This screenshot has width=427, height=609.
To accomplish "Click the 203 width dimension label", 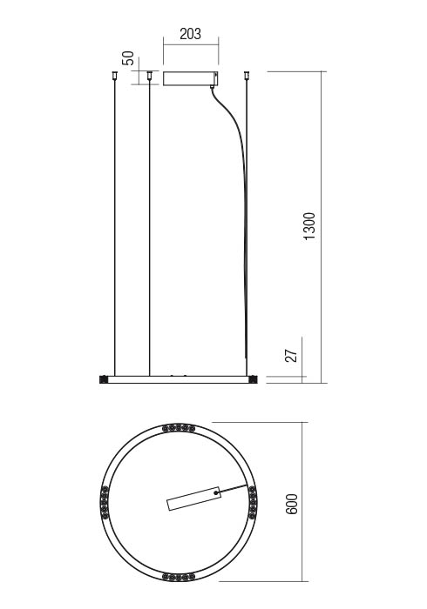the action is [x=191, y=34].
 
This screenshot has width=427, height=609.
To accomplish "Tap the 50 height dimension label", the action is [x=128, y=58].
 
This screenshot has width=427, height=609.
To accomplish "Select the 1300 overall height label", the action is [x=309, y=226].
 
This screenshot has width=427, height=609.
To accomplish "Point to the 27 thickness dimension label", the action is [x=292, y=355].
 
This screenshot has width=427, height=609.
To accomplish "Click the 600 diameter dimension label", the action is [x=292, y=504].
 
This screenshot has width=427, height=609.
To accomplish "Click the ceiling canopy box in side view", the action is [x=191, y=78].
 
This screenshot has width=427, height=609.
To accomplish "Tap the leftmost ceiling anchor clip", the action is [x=114, y=75].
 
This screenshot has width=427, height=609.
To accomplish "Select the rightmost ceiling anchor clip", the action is [x=246, y=75].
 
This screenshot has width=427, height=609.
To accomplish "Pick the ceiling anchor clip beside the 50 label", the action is [x=149, y=75].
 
